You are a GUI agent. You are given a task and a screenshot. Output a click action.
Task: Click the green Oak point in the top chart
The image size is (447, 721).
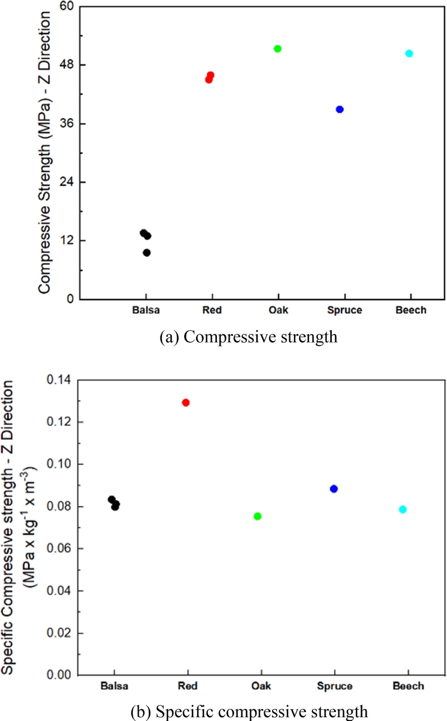click(x=278, y=49)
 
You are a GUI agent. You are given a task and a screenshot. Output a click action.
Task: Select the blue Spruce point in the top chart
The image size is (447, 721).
click(x=340, y=109)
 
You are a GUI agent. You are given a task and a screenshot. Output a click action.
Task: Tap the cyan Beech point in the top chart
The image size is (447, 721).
click(x=409, y=54)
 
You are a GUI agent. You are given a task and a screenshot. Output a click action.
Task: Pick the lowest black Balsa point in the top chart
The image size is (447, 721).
click(x=147, y=253)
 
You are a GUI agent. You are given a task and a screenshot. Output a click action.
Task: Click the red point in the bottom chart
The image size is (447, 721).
click(x=186, y=402)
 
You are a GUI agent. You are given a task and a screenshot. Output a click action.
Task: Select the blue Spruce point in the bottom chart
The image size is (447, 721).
click(x=334, y=488)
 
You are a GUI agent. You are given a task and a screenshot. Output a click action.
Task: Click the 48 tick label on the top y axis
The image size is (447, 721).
click(x=66, y=65)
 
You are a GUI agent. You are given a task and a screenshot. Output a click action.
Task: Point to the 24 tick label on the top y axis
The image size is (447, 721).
click(x=66, y=182)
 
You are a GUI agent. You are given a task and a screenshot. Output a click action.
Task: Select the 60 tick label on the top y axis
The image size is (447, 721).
click(x=66, y=7)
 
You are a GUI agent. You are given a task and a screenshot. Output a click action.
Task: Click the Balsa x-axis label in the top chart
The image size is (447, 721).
click(x=145, y=311)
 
